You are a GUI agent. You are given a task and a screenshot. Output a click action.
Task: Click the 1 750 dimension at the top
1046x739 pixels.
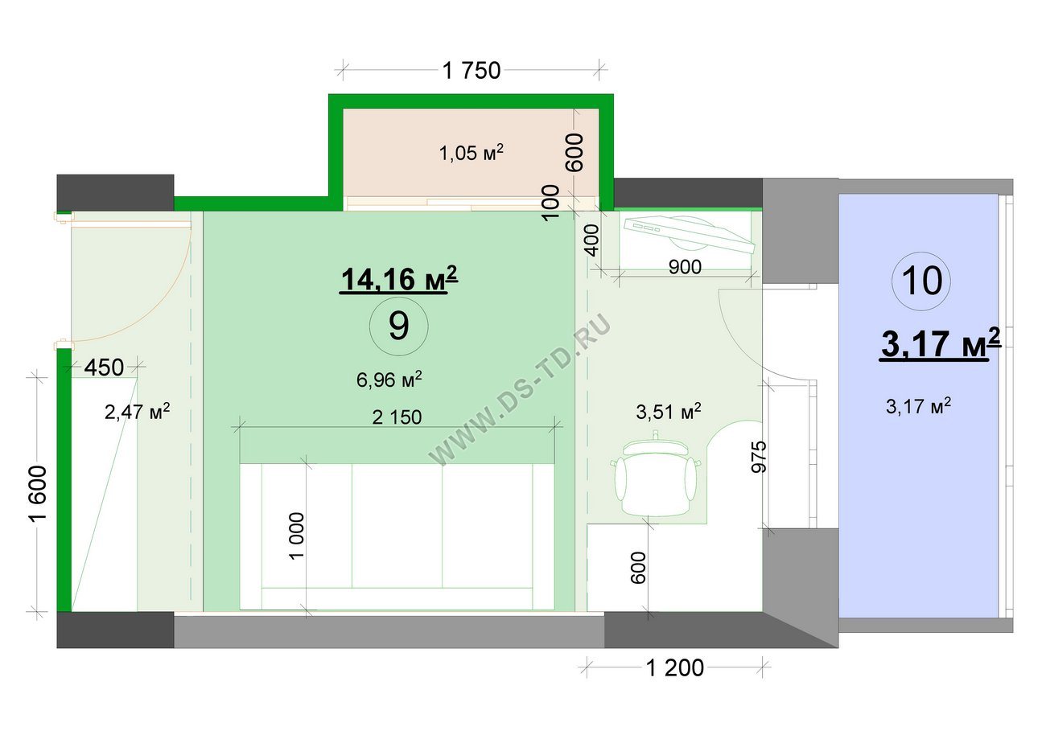472,71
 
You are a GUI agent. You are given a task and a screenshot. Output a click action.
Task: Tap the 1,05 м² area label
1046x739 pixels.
472,153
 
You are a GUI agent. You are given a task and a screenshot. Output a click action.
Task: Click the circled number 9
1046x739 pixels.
399,326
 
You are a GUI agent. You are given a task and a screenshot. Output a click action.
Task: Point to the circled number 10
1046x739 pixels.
921,281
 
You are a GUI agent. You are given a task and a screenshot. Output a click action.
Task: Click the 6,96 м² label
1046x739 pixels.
389,380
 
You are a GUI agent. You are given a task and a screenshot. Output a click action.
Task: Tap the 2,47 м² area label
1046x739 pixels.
137,412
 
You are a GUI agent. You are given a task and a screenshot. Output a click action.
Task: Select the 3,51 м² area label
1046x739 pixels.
668,412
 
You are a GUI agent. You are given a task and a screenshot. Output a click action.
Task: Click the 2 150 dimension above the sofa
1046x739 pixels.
397,417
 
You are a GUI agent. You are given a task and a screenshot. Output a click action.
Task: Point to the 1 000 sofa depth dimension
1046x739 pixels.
297,536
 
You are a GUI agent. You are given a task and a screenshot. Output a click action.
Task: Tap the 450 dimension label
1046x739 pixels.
104,367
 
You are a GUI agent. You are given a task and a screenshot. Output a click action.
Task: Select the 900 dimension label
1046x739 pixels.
685,267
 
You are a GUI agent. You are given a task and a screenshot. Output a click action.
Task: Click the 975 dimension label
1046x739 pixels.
759,458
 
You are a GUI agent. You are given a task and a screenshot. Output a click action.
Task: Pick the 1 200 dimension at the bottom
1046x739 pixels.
675,668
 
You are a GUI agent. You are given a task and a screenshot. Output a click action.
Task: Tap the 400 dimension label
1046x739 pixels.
591,240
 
